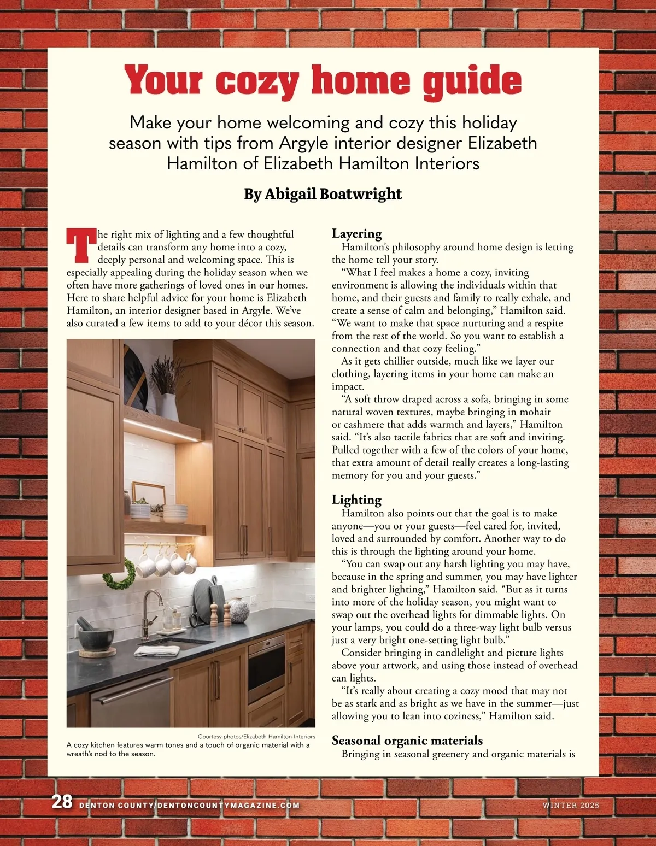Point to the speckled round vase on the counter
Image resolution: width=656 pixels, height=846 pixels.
coord(239,609)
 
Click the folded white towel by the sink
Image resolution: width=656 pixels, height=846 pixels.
coord(150,650)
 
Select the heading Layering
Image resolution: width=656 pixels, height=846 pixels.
coord(357,234)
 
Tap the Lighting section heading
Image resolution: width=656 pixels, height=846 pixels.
coord(356,500)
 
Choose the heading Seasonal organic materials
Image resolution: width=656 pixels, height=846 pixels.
coord(407,741)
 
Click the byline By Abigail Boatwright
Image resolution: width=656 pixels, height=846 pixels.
coord(323,194)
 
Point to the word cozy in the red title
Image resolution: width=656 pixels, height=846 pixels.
coord(257,82)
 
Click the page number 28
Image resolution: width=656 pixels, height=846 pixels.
coord(62,802)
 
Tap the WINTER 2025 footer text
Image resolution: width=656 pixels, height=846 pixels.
coord(571,806)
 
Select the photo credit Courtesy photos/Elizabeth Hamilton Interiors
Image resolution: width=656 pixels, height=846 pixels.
coord(256,737)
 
